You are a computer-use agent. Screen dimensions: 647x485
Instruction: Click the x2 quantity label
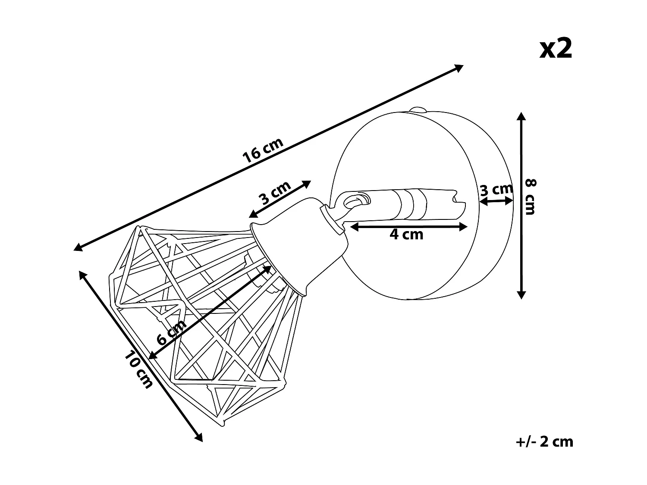tap(556, 49)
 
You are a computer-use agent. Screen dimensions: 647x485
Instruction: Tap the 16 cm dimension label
tap(263, 150)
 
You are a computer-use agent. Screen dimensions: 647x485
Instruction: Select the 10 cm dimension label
tap(138, 369)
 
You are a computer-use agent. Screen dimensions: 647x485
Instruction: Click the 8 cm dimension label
tap(531, 197)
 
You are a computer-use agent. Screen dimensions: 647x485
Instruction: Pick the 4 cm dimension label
tap(406, 235)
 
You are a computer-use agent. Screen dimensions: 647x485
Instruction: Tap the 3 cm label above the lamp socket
tap(276, 193)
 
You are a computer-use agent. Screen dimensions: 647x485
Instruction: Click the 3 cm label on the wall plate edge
tap(496, 190)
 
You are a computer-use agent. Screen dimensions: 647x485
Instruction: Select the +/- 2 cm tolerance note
tap(544, 450)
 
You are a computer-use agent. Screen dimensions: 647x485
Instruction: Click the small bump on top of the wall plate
tap(418, 110)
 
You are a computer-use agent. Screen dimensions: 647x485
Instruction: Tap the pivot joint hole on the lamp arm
tap(358, 201)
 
